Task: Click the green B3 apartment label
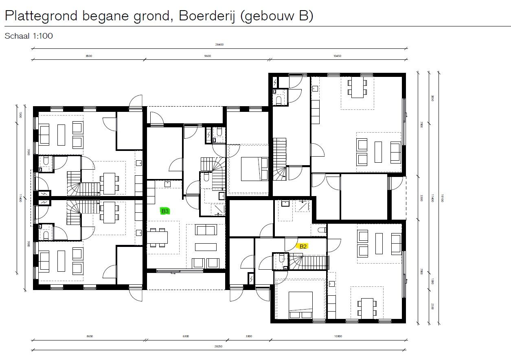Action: (x=165, y=211)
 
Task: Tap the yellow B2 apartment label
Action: (x=303, y=246)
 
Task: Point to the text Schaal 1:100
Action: (x=29, y=36)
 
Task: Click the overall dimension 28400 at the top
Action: (x=219, y=45)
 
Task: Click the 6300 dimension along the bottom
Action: (x=186, y=336)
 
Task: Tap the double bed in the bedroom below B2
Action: (x=300, y=305)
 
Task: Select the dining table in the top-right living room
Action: (x=357, y=88)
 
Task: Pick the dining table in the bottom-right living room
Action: (x=367, y=308)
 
